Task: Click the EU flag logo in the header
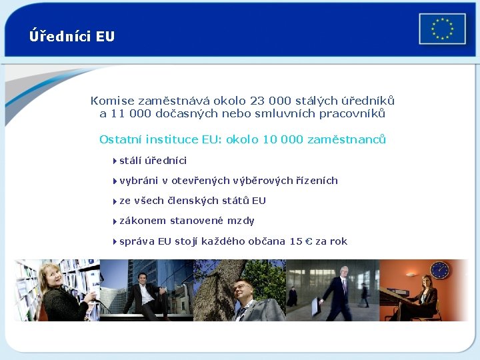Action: (442, 29)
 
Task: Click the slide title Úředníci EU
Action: (72, 36)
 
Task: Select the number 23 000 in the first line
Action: (271, 101)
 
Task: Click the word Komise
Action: (113, 101)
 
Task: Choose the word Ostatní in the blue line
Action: (120, 139)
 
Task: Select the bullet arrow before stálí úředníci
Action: (115, 161)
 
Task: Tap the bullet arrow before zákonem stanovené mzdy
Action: (115, 221)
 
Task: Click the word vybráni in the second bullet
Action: (139, 181)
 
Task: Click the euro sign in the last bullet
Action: (308, 241)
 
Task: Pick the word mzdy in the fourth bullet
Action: (241, 221)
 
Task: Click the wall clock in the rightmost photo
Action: (439, 270)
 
